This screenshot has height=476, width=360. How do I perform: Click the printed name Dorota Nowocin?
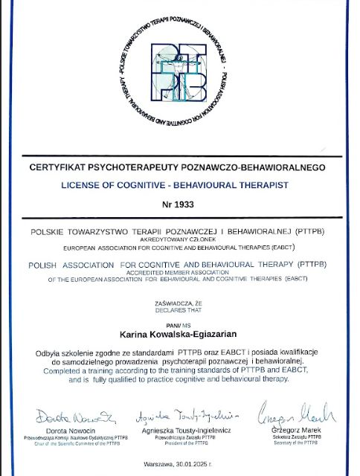(x=73, y=431)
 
